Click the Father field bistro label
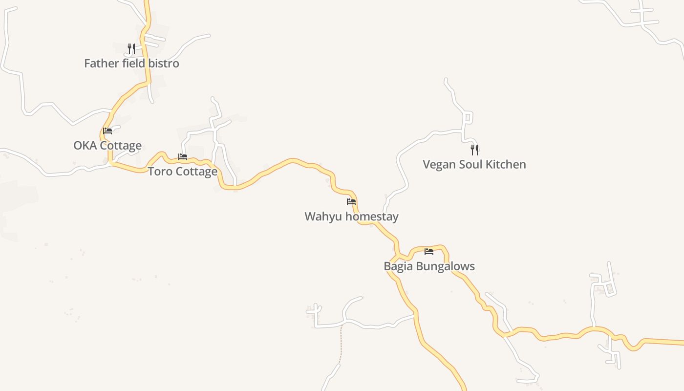131,64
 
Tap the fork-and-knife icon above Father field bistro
131,48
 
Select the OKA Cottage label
107,146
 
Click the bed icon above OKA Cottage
107,131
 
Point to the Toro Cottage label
183,172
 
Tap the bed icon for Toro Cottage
183,157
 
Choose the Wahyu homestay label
351,217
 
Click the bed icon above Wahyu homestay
351,201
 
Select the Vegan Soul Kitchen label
474,165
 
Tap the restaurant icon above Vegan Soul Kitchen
474,150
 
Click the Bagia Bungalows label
429,266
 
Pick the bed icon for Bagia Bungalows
429,252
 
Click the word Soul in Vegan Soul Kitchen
471,165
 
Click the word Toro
159,172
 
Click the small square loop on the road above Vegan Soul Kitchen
468,117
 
